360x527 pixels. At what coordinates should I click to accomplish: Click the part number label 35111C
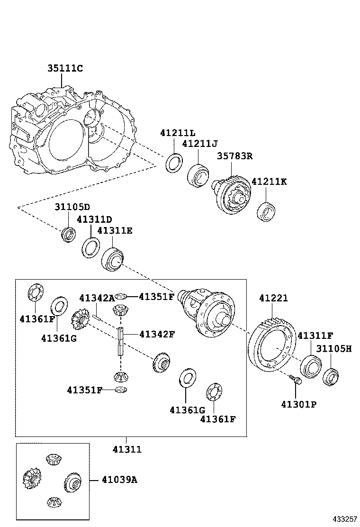(x=65, y=69)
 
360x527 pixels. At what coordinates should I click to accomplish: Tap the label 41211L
(x=178, y=133)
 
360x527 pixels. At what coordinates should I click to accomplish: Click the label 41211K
(x=269, y=182)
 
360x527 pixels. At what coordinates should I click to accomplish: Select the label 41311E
(x=115, y=231)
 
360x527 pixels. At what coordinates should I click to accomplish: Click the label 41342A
(x=97, y=298)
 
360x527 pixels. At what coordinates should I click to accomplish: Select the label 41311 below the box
(x=127, y=449)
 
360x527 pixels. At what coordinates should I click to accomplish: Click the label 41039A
(x=119, y=480)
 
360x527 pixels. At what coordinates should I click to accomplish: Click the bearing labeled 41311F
(x=310, y=367)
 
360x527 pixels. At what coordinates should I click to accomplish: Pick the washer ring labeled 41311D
(x=90, y=247)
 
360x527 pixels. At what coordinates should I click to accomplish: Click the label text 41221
(x=273, y=298)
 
